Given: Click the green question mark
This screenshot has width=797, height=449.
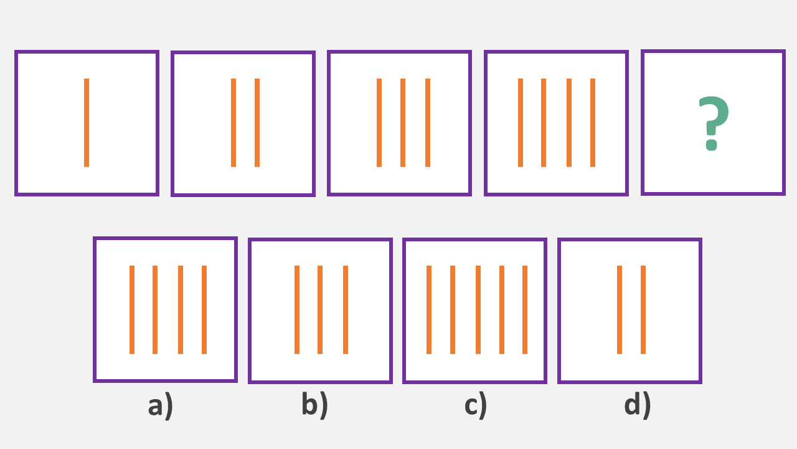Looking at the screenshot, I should coord(713,123).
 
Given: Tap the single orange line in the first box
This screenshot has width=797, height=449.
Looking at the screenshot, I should coord(87,123).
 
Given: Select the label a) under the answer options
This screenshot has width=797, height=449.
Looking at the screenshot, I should coord(160,405).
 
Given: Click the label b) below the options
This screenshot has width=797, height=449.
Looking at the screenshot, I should coord(314,405).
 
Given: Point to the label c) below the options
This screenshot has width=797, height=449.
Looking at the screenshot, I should coord(475,405).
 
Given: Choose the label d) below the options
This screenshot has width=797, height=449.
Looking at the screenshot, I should coord(637,405).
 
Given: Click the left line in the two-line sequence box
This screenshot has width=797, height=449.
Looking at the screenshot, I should coord(233,123).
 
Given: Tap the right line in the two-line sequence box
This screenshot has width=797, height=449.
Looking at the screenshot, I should coord(257,123).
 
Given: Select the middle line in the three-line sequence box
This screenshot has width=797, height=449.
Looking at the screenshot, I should coord(403,123).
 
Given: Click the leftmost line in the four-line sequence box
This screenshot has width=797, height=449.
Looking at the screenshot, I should coord(521,123).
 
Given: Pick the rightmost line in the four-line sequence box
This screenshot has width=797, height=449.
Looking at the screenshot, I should coord(593,123).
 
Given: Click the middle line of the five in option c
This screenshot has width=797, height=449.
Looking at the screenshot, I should coord(478,310).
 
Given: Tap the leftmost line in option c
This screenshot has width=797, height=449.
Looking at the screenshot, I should coord(429,310).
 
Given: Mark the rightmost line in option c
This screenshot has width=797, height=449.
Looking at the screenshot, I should coord(525,310).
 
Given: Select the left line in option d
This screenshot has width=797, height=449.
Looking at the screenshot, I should coord(620,310).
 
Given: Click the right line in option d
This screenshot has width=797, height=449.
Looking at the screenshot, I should coord(643,310).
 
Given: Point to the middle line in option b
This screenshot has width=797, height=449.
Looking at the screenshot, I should coord(320,310).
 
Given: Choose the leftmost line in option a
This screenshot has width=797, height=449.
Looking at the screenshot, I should coord(132,310).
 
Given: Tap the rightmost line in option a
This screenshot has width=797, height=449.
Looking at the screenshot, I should coord(204,310).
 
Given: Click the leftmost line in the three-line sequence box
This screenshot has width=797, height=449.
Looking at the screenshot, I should coord(379,123).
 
